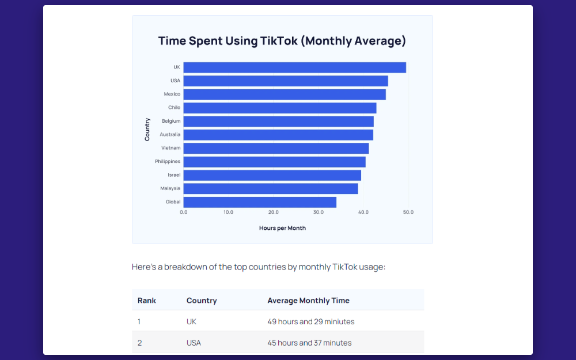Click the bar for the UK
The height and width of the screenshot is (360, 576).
click(294, 67)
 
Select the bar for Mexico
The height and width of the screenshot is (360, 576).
click(285, 94)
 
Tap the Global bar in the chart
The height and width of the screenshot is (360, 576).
click(260, 202)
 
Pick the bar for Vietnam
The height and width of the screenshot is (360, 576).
click(276, 148)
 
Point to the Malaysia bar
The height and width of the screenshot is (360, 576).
click(271, 189)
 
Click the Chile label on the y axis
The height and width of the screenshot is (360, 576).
click(174, 108)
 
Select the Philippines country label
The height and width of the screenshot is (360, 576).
click(168, 162)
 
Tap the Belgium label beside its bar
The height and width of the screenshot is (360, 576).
click(171, 121)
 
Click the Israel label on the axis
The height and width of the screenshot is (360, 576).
click(174, 175)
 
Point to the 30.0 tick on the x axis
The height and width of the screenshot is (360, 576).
click(319, 213)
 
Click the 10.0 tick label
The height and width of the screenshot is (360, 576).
click(229, 213)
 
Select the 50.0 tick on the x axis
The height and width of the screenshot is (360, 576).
click(408, 213)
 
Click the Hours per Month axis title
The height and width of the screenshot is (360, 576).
click(282, 228)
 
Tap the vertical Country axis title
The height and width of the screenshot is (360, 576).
click(147, 130)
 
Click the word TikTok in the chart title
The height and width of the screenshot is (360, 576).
click(278, 41)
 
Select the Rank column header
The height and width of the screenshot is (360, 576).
click(147, 301)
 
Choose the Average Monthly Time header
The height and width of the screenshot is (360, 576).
click(308, 301)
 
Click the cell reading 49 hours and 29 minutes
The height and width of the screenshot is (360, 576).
click(311, 321)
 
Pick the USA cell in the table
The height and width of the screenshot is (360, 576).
click(194, 343)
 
